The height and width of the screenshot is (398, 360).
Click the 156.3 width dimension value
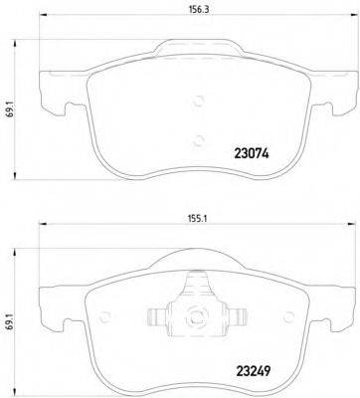click(x=198, y=10)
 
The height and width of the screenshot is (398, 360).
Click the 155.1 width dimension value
click(x=198, y=219)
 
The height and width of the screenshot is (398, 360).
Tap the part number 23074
click(x=252, y=153)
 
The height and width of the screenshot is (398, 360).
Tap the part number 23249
click(x=254, y=370)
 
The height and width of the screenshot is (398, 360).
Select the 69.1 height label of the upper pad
click(x=10, y=109)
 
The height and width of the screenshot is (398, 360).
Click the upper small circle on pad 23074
click(x=198, y=100)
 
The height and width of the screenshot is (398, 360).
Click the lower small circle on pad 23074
click(x=198, y=140)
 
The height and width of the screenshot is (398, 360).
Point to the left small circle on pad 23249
click(x=104, y=317)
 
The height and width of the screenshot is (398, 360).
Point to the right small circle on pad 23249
click(x=288, y=316)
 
